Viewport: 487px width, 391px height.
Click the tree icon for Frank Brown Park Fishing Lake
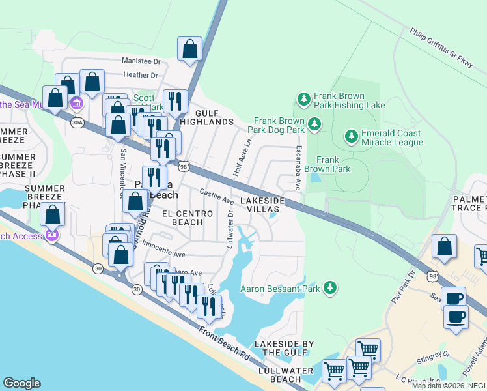point(303,99)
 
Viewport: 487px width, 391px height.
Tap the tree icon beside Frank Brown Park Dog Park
point(314,124)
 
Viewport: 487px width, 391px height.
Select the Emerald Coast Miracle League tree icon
point(351,136)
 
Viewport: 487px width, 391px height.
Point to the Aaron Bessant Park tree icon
point(331,287)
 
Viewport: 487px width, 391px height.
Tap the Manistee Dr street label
point(141,61)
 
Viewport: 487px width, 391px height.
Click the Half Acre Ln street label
point(241,158)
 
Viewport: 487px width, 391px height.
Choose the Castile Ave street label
point(216,195)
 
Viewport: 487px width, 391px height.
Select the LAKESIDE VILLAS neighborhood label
point(263,205)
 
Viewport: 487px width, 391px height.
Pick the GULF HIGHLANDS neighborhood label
point(206,117)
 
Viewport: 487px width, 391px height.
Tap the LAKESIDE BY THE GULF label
point(284,348)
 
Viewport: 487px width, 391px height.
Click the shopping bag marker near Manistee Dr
point(189,49)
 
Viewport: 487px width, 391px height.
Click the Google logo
point(21,383)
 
